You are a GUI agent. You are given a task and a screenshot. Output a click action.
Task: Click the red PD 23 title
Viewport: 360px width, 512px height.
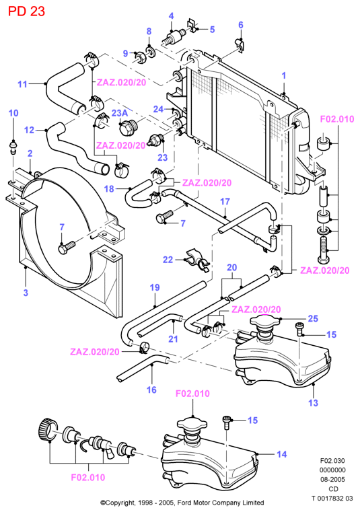point(26,11)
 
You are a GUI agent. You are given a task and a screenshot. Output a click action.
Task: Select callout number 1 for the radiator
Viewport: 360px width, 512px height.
point(284,76)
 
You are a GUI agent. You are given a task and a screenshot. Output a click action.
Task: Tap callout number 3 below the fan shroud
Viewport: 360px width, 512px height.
point(26,292)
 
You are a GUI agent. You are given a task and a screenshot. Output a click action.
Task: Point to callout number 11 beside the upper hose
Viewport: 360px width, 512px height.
point(22,84)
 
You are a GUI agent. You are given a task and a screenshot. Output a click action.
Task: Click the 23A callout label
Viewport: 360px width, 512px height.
point(120,113)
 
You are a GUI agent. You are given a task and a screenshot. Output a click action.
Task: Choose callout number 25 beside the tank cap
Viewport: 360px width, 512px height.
point(313,318)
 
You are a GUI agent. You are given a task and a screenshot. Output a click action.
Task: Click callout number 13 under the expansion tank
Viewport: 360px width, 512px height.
point(313,402)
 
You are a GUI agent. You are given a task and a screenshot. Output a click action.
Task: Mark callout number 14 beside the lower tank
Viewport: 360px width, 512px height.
point(281,454)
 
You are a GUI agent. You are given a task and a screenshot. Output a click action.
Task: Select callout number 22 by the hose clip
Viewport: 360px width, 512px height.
point(168,260)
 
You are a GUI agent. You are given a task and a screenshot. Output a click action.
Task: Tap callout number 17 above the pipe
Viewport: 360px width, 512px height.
point(225,201)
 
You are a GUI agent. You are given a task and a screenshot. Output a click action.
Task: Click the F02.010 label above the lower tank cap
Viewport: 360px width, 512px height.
point(192,394)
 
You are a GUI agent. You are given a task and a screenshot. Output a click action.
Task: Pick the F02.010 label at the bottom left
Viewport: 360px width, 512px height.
point(88,478)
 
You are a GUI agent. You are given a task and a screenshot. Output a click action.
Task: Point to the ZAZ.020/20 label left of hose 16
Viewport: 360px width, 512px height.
point(95,352)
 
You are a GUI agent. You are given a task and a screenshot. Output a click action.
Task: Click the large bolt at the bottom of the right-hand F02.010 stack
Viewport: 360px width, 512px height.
point(322,250)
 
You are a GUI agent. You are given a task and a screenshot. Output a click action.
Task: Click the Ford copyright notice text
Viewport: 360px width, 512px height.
point(182,503)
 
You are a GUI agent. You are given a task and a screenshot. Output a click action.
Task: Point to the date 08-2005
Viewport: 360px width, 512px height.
point(332,479)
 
